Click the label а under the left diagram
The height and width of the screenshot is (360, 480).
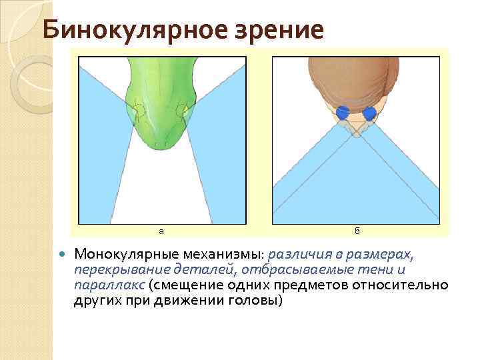coord(161,231)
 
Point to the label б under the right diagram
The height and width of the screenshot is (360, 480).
coord(357,231)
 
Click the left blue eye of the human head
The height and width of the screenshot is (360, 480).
coord(343,113)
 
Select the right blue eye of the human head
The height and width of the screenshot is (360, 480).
coord(369,113)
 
